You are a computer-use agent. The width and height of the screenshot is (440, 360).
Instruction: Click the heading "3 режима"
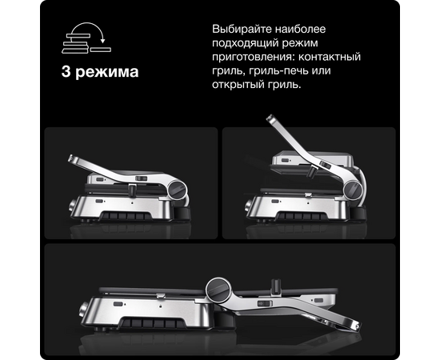(x=100, y=72)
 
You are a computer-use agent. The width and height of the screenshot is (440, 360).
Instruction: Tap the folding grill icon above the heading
(x=86, y=38)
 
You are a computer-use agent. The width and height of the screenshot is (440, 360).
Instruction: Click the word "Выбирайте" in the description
(x=242, y=29)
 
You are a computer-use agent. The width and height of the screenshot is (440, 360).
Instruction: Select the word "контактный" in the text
(x=329, y=57)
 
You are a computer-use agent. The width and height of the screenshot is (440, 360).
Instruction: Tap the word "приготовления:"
(x=254, y=58)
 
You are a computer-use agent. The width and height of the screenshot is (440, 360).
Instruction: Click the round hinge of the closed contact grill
(x=178, y=190)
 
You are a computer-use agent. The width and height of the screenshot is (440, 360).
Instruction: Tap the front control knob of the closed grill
(x=71, y=206)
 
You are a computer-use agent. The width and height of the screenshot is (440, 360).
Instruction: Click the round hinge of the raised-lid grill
(x=354, y=190)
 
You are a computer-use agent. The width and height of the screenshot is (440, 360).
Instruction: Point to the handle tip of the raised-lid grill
(x=270, y=118)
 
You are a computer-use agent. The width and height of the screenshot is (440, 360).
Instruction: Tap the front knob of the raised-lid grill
(x=248, y=206)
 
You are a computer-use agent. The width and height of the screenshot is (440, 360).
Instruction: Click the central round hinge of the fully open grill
(x=218, y=290)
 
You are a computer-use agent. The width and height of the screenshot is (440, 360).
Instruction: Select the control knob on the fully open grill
(x=83, y=310)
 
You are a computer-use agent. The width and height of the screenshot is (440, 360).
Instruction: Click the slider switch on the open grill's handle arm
(x=265, y=303)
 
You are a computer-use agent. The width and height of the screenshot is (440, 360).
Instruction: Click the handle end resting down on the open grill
(x=355, y=326)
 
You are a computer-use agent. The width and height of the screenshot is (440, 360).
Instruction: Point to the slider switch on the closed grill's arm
(x=141, y=178)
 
